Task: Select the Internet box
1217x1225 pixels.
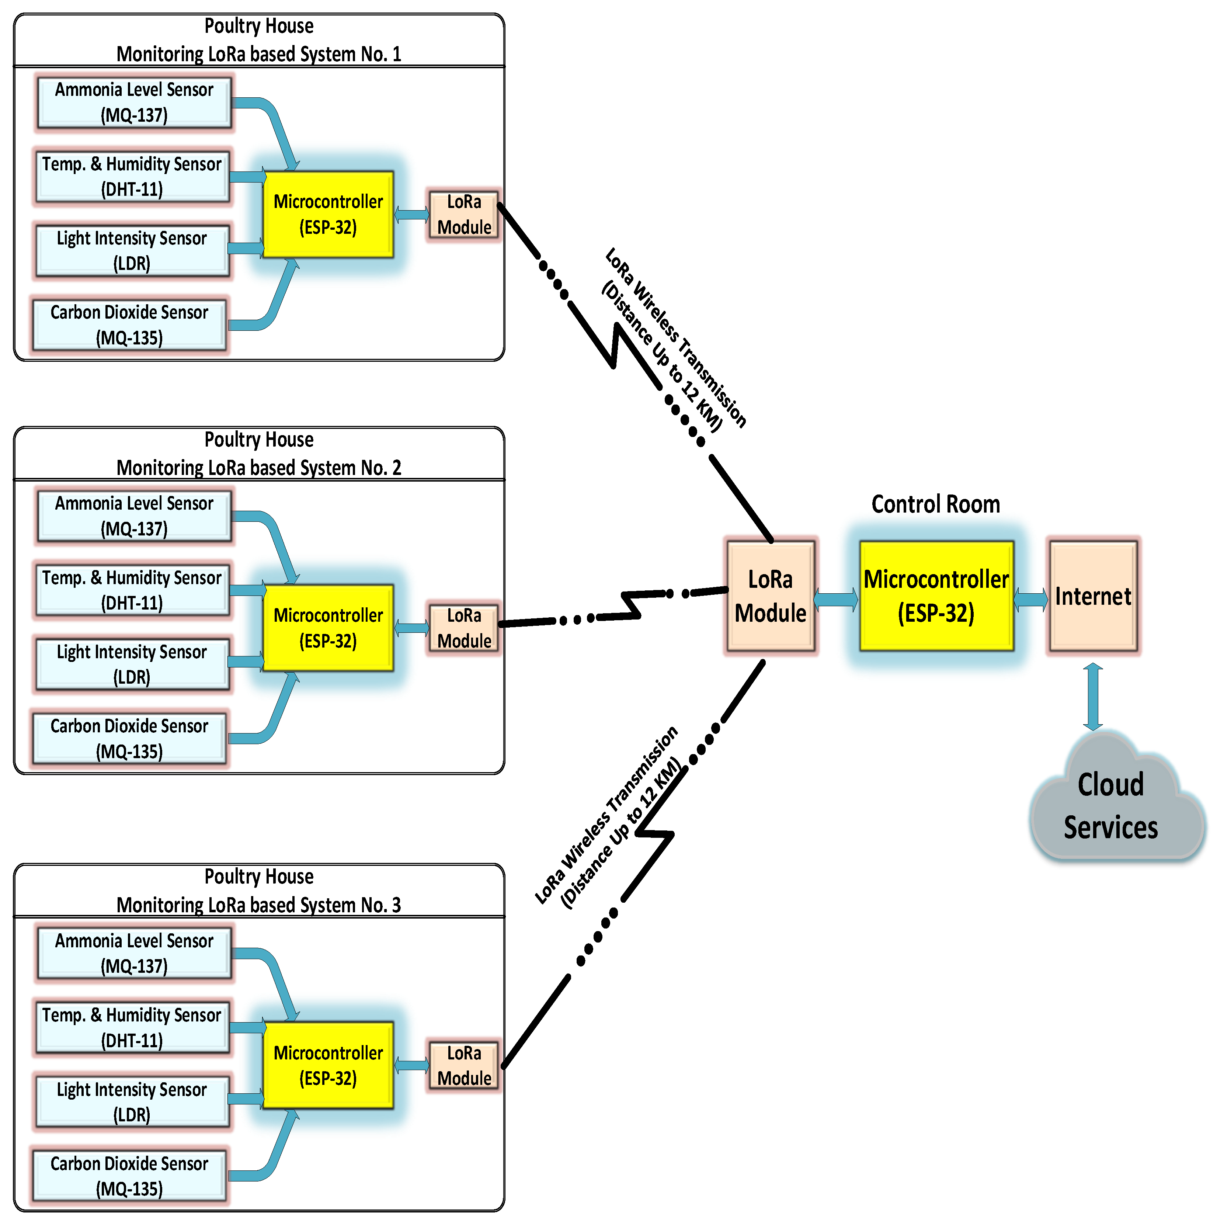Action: tap(1093, 596)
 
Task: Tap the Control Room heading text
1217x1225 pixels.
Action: tap(936, 504)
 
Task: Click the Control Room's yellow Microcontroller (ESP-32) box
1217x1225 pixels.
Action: tap(936, 596)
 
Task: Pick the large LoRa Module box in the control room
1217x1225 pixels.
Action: tap(770, 596)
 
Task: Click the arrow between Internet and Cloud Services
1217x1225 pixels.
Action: tap(1093, 697)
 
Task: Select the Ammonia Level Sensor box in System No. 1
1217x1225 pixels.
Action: tap(134, 102)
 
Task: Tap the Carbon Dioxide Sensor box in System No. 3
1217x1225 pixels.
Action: tap(129, 1176)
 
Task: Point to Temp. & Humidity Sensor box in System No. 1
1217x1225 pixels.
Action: tap(132, 176)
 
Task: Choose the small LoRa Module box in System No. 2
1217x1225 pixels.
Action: tap(464, 628)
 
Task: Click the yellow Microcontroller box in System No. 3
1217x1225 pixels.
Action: tap(328, 1065)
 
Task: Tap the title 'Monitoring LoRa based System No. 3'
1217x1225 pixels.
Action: tap(258, 905)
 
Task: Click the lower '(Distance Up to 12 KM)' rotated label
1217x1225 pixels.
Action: tap(621, 834)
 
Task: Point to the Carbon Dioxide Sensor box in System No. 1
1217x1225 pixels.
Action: tap(129, 325)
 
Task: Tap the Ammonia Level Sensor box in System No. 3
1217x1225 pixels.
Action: tap(134, 953)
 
